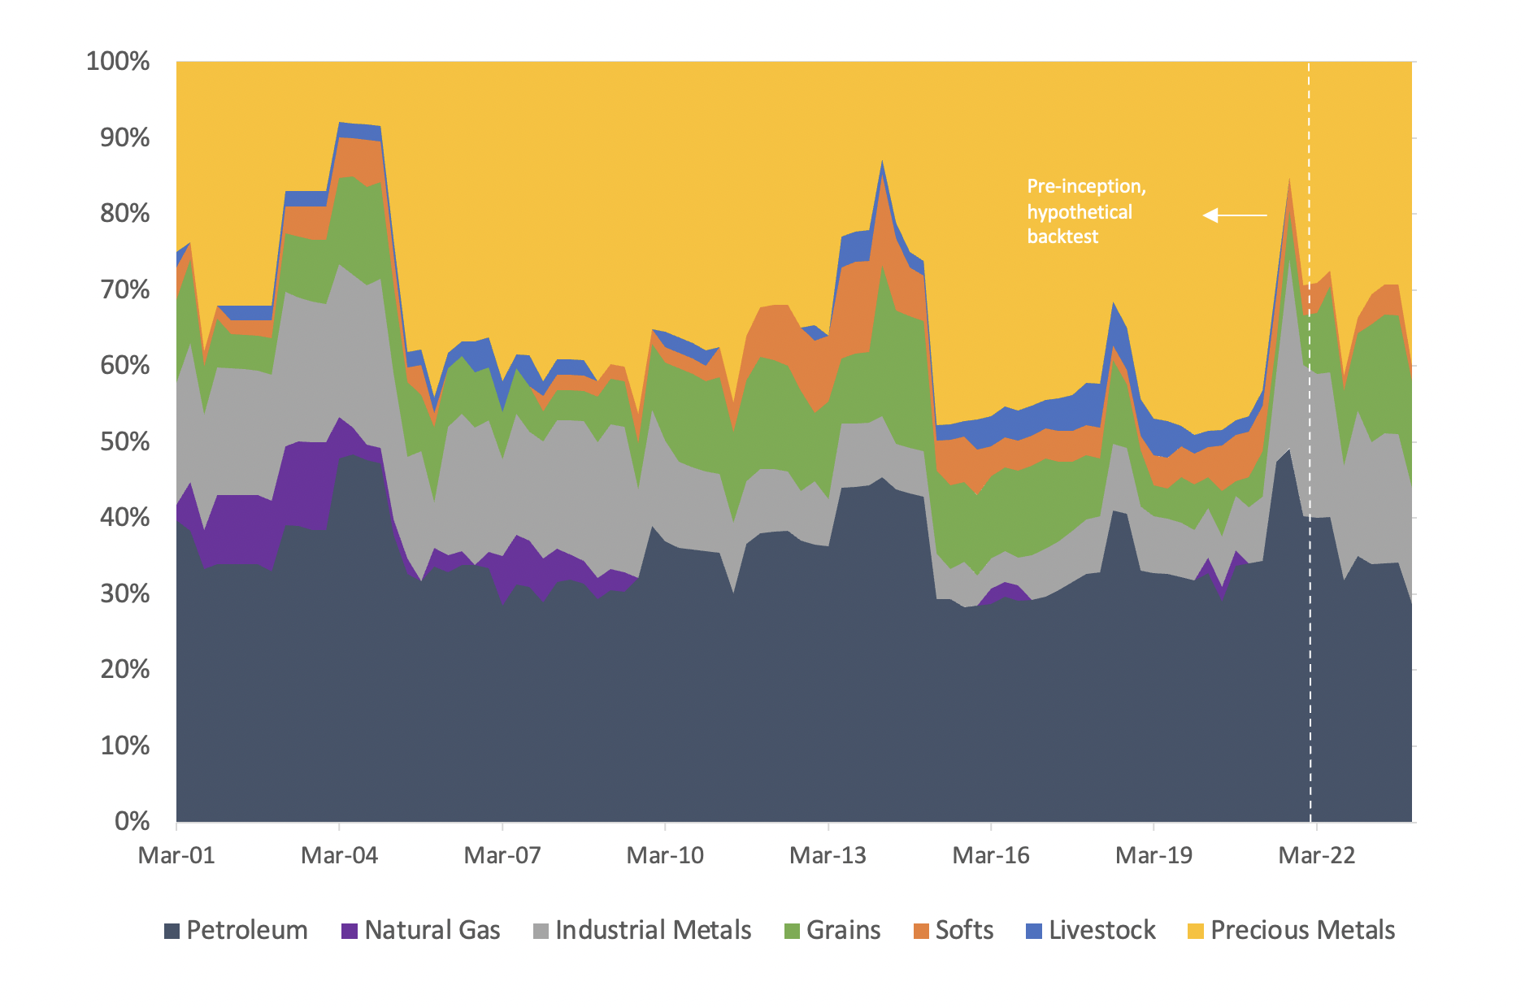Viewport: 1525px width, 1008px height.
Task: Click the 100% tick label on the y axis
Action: (x=118, y=62)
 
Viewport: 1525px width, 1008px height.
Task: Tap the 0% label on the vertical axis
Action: (x=132, y=821)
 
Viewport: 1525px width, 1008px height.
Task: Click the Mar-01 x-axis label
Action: (x=176, y=855)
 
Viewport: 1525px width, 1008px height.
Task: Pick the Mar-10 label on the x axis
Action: (x=665, y=855)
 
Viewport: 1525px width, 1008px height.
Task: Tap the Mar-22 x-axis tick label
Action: (x=1316, y=855)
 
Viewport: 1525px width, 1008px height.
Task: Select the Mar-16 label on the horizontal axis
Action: (x=990, y=855)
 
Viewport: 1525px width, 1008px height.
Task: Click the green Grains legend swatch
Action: (x=792, y=931)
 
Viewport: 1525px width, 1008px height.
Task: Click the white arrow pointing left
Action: (x=1234, y=215)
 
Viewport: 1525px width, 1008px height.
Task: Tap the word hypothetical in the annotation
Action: (x=1079, y=212)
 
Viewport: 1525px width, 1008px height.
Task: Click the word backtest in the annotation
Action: (x=1062, y=237)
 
